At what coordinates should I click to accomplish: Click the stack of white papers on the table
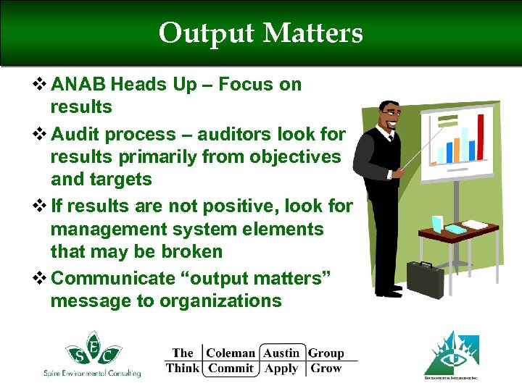pyautogui.click(x=476, y=224)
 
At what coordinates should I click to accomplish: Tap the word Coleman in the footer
pyautogui.click(x=231, y=353)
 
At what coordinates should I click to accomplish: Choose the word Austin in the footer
pyautogui.click(x=281, y=353)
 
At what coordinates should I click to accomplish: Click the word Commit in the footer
pyautogui.click(x=231, y=369)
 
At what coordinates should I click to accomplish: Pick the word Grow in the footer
pyautogui.click(x=326, y=369)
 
